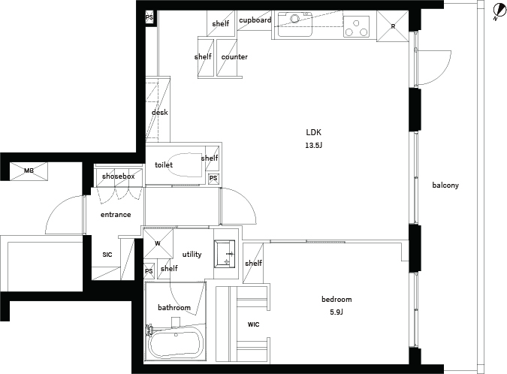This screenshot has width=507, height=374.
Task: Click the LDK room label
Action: click(314, 132)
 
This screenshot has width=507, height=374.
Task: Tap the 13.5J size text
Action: click(314, 146)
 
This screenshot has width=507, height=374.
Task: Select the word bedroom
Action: click(336, 300)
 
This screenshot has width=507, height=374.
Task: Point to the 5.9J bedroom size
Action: click(336, 312)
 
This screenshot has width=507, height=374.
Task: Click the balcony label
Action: click(445, 185)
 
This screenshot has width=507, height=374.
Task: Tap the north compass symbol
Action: click(500, 11)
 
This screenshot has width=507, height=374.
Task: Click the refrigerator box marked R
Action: click(393, 26)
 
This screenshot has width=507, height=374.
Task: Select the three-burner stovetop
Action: click(356, 26)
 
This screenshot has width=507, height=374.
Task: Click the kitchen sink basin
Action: click(295, 24)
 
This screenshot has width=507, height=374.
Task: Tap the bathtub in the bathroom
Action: click(176, 343)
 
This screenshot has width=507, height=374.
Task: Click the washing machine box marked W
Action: click(158, 243)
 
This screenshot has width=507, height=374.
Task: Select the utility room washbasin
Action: click(225, 254)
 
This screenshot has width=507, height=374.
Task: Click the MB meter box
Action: click(29, 170)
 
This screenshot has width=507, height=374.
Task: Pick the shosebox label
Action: click(119, 176)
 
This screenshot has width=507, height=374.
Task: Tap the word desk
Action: click(160, 112)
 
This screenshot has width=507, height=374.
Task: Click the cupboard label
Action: click(255, 20)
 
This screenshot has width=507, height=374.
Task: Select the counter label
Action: click(234, 57)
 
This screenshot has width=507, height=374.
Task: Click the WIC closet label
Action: click(254, 324)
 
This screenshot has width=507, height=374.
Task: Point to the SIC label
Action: click(107, 255)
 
